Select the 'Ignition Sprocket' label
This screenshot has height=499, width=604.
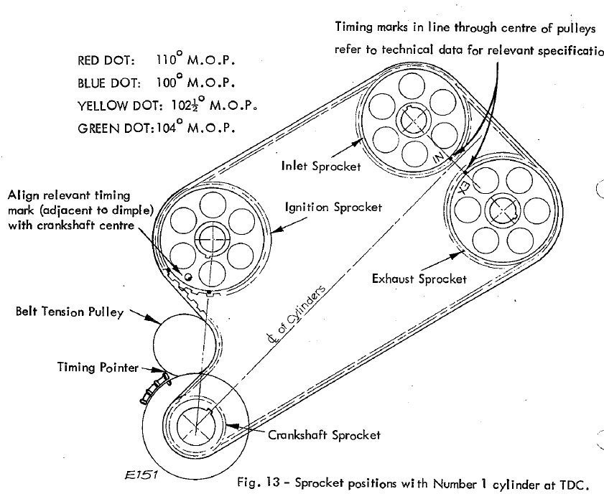[333, 207]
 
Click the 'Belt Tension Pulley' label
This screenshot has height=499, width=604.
[68, 312]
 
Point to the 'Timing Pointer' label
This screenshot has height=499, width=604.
[98, 368]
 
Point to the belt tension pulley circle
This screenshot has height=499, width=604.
[179, 342]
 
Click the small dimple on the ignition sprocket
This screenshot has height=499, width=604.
[187, 276]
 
